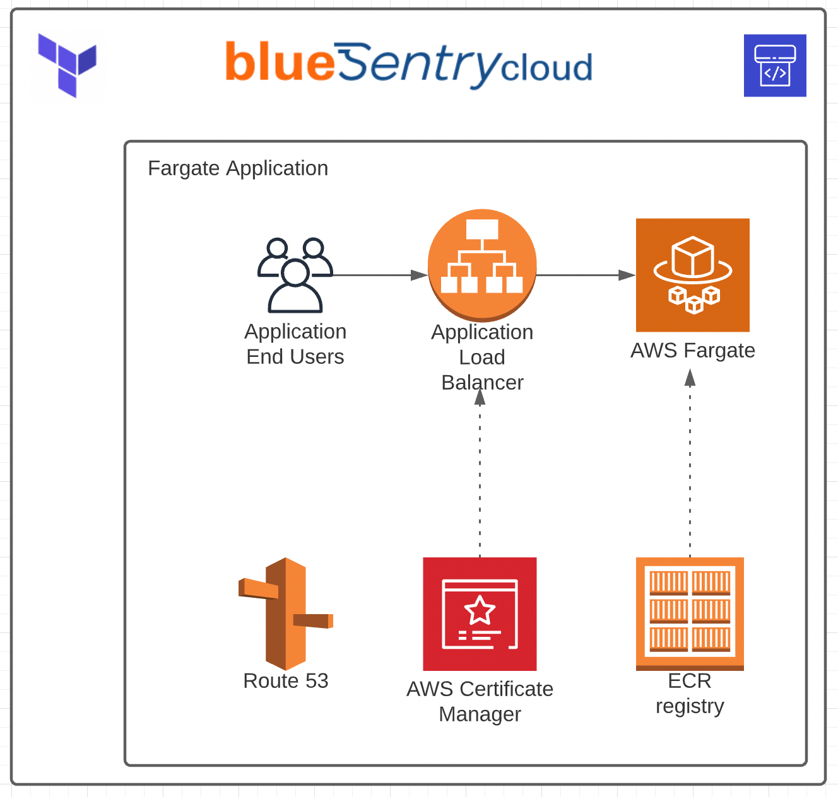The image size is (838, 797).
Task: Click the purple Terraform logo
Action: pyautogui.click(x=67, y=65)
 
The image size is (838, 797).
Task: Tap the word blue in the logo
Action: pyautogui.click(x=280, y=62)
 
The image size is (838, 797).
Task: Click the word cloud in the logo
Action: pyautogui.click(x=546, y=67)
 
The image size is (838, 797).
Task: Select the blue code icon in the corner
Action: pyautogui.click(x=774, y=66)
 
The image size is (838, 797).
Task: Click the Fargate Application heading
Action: pyautogui.click(x=238, y=168)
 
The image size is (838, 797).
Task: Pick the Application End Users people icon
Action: pyautogui.click(x=295, y=276)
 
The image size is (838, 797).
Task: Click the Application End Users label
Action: pyautogui.click(x=295, y=344)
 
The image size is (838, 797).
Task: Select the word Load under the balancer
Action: pyautogui.click(x=482, y=358)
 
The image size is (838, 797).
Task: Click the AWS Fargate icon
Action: pyautogui.click(x=692, y=275)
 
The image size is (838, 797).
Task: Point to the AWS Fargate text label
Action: pyautogui.click(x=693, y=351)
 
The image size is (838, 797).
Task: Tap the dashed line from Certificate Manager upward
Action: pyautogui.click(x=480, y=479)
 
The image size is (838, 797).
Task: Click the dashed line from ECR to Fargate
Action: pyautogui.click(x=690, y=467)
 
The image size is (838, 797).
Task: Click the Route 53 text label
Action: pyautogui.click(x=286, y=681)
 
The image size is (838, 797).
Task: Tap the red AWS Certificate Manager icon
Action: pyautogui.click(x=480, y=614)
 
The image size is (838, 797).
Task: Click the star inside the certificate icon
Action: pyautogui.click(x=480, y=610)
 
